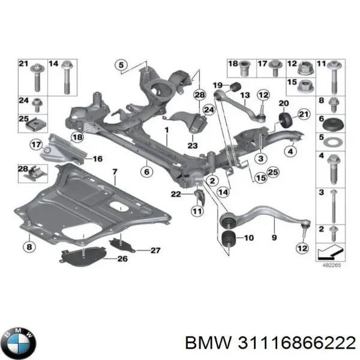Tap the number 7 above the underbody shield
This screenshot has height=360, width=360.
tap(115, 173)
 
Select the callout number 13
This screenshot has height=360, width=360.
tap(244, 96)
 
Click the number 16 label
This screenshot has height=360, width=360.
tap(97, 159)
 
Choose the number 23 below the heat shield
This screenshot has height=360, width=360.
tap(175, 144)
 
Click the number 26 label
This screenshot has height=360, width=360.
tap(122, 259)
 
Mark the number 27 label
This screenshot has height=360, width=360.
tap(155, 250)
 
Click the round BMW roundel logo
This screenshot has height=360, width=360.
tap(20, 344)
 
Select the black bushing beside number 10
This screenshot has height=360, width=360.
tap(229, 238)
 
